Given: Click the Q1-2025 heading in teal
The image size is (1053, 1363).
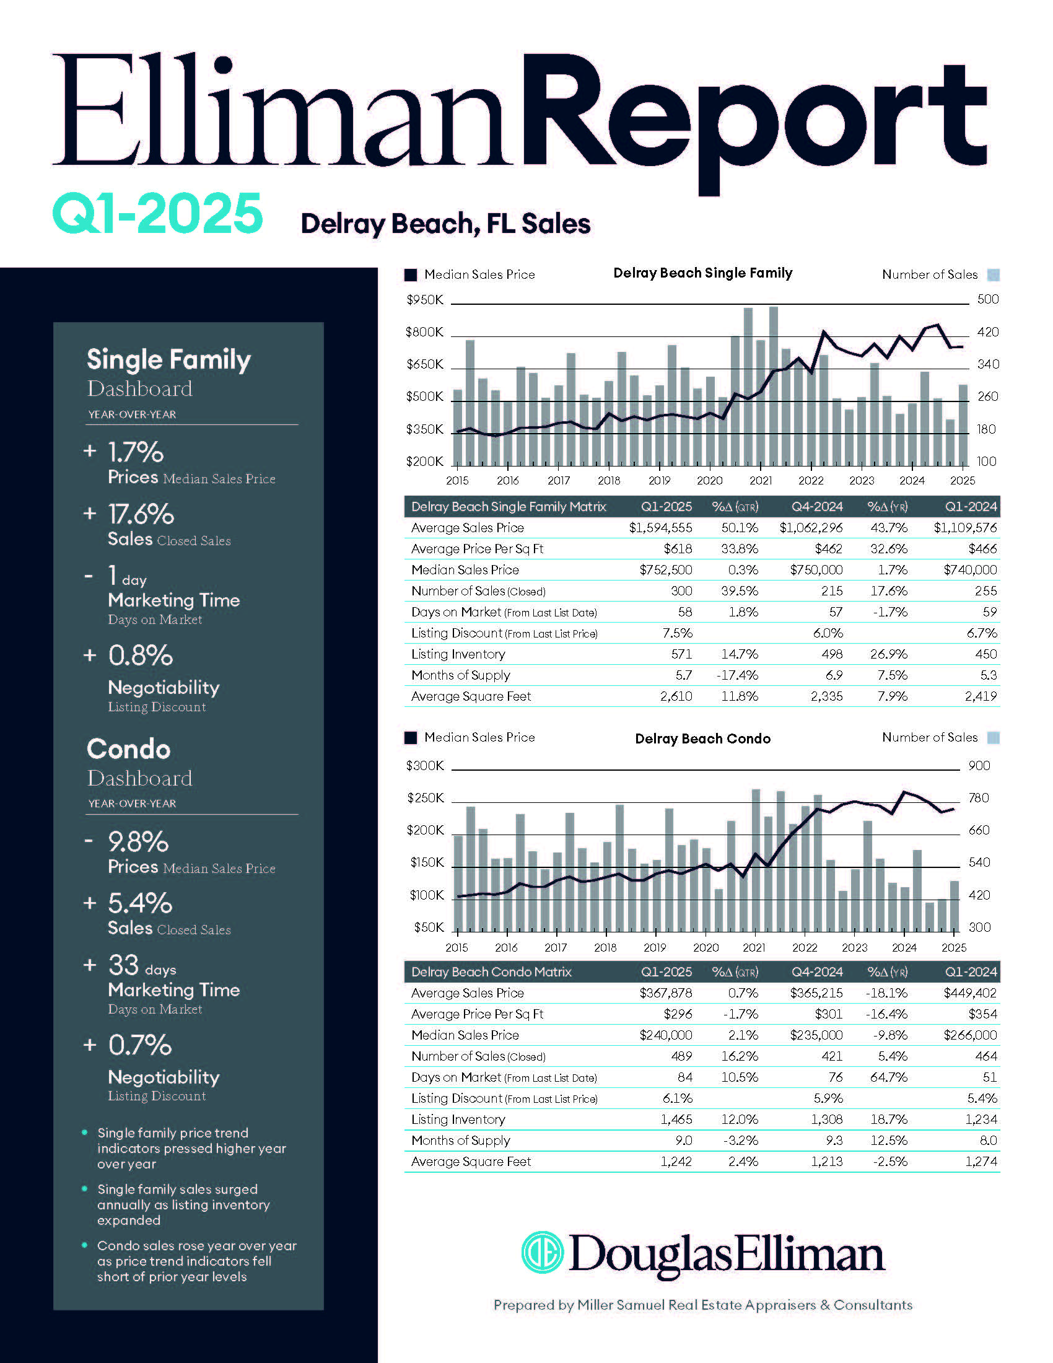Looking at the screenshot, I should pyautogui.click(x=157, y=214).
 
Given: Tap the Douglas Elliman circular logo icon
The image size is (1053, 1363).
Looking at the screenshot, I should pyautogui.click(x=542, y=1252).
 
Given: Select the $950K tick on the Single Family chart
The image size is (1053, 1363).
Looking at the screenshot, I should pyautogui.click(x=424, y=300).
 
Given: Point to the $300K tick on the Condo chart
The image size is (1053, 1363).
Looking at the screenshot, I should pyautogui.click(x=425, y=766).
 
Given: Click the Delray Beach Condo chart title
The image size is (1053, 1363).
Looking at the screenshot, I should pyautogui.click(x=702, y=738).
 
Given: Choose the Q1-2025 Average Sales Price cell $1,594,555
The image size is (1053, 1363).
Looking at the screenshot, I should pyautogui.click(x=660, y=528).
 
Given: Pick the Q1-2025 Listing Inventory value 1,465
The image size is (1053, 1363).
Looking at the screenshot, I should pyautogui.click(x=676, y=1120).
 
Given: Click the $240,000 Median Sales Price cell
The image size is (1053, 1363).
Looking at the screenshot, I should pyautogui.click(x=666, y=1035).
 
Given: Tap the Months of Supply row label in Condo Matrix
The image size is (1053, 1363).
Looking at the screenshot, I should pyautogui.click(x=460, y=1141).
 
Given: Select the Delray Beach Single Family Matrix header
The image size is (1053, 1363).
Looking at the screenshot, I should pyautogui.click(x=509, y=507).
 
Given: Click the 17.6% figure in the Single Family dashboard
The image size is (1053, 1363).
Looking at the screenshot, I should pyautogui.click(x=141, y=515).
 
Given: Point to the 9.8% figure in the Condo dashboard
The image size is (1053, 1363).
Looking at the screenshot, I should pyautogui.click(x=138, y=842).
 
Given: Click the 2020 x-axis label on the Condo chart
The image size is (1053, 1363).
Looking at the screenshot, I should pyautogui.click(x=706, y=947).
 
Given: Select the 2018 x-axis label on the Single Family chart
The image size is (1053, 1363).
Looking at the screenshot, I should pyautogui.click(x=609, y=481).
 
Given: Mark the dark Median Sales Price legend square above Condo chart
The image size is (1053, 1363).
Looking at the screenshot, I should pyautogui.click(x=411, y=738).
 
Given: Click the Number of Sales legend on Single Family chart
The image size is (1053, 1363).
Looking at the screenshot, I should pyautogui.click(x=930, y=274).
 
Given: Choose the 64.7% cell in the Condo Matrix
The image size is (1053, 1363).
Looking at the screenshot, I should pyautogui.click(x=888, y=1077).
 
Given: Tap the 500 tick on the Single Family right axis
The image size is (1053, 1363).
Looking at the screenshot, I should pyautogui.click(x=987, y=300).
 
